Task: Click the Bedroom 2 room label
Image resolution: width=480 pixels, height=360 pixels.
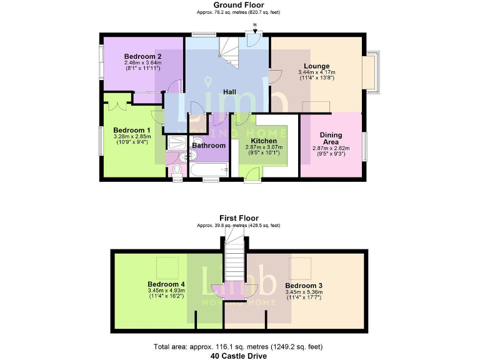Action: click(142, 55)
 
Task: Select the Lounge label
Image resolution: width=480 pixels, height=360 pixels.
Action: click(316, 66)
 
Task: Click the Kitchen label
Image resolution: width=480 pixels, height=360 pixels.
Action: click(263, 141)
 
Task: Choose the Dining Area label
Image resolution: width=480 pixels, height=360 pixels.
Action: click(331, 138)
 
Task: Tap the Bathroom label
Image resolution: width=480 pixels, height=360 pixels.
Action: click(208, 145)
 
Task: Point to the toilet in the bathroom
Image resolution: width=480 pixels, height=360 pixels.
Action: click(177, 169)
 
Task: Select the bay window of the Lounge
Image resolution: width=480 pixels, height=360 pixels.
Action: click(374, 72)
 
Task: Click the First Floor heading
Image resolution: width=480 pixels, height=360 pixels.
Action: click(239, 218)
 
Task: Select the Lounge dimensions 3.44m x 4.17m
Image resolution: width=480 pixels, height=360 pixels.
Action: click(316, 72)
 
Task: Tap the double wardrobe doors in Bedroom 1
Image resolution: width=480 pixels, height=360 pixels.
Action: click(119, 102)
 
